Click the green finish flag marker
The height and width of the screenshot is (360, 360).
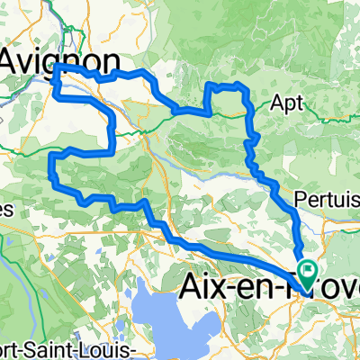tap(308, 268)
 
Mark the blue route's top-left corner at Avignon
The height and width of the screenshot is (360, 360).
tap(57, 67)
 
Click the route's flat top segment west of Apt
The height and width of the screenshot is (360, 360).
tap(226, 85)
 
